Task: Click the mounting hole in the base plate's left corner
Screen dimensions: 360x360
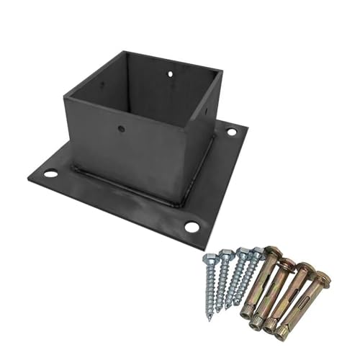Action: [x=50, y=174]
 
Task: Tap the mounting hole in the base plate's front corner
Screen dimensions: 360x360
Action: [x=192, y=228]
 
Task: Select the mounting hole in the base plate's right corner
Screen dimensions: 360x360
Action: [x=231, y=132]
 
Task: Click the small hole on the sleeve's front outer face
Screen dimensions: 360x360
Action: [x=122, y=130]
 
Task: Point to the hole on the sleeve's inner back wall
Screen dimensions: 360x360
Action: [x=171, y=73]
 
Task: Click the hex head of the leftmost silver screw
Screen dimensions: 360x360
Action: [x=209, y=257]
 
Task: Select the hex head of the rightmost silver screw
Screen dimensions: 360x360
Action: [x=256, y=251]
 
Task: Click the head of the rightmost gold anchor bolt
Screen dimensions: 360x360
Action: [x=322, y=276]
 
